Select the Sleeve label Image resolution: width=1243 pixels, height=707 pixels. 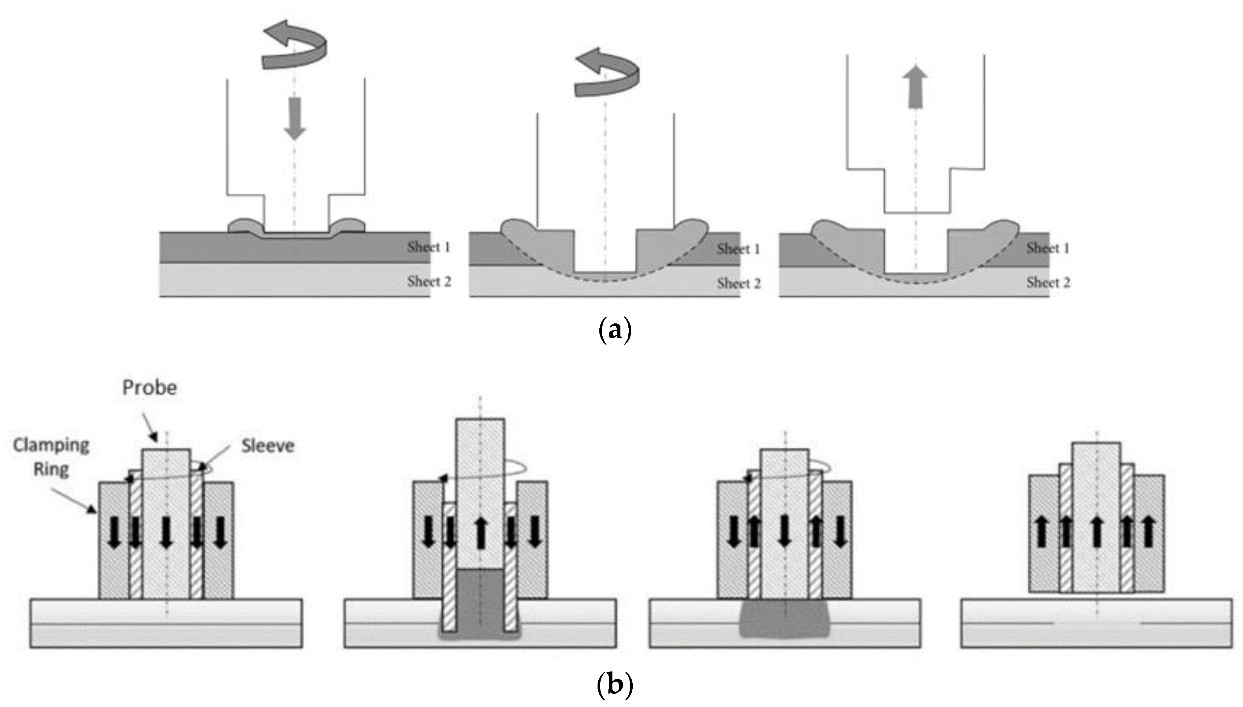click(268, 446)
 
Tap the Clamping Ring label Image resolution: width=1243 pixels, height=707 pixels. click(51, 457)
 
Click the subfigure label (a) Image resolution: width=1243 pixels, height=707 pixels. click(615, 331)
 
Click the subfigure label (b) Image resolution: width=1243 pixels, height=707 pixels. click(615, 685)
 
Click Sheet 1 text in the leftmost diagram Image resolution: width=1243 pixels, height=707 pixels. click(428, 247)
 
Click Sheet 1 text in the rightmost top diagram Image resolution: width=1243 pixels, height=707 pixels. click(1048, 248)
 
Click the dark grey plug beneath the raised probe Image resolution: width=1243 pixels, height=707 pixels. click(480, 602)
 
